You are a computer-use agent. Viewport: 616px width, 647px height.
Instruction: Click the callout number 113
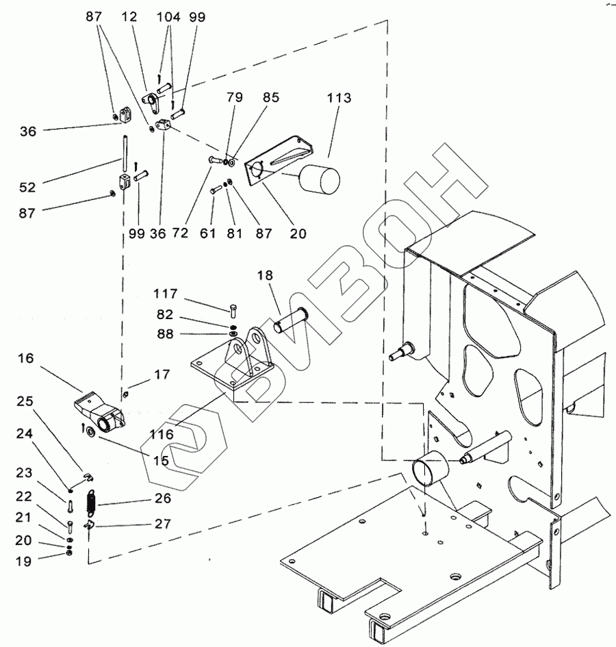(x=339, y=98)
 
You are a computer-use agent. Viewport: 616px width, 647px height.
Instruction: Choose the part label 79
(x=235, y=97)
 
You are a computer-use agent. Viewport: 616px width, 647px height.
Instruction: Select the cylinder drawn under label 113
(x=320, y=180)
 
